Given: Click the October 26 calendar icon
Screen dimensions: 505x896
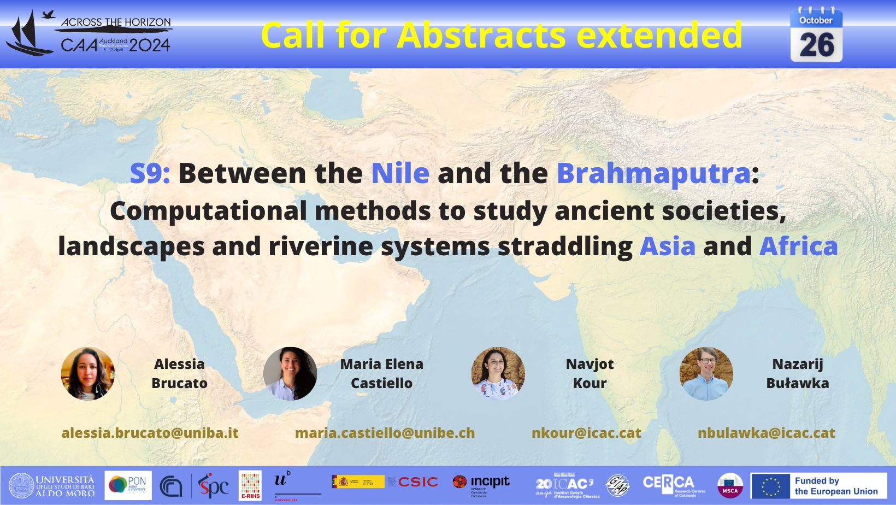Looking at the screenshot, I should tap(816, 36).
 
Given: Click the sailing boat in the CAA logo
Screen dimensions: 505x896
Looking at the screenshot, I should tap(27, 36).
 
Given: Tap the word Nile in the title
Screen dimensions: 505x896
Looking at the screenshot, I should tap(400, 173).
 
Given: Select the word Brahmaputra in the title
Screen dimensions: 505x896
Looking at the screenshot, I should tap(653, 173).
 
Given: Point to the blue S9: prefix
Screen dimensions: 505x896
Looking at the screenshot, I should tap(150, 173).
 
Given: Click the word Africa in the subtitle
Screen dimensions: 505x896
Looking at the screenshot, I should tap(798, 246).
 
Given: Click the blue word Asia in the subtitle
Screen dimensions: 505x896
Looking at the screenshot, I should tap(668, 246).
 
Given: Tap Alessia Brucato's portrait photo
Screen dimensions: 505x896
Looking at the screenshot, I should tap(88, 374).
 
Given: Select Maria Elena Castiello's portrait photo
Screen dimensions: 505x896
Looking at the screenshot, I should tap(290, 374).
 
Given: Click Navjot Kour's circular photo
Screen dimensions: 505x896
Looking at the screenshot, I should tap(498, 374).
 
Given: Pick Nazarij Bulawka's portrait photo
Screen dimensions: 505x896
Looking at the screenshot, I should tap(706, 374).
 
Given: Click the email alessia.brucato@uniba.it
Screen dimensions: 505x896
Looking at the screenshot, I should tap(150, 433).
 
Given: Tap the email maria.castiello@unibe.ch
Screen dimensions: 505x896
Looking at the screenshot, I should tap(385, 433).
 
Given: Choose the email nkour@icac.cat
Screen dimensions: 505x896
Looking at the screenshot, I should tap(586, 433).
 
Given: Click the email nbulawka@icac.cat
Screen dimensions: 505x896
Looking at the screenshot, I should tap(766, 433).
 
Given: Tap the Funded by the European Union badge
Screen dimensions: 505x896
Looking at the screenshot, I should tap(818, 486).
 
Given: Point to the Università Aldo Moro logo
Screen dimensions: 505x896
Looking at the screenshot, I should tap(52, 486).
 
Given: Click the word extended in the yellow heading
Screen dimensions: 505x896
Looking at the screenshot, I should tap(659, 36).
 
